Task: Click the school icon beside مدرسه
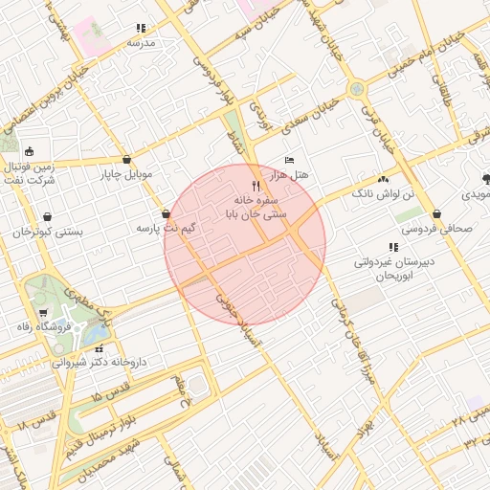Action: coord(141,29)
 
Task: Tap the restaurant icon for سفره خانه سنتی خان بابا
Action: coord(255,185)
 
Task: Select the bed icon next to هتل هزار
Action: coord(290,160)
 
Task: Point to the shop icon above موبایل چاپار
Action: coord(127,160)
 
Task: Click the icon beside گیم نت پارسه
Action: coord(167,214)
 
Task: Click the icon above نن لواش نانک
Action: coord(384,178)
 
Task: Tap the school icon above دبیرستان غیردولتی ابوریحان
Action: coord(393,247)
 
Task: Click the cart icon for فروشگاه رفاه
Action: coord(43,313)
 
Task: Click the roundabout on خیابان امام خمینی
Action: coord(357,89)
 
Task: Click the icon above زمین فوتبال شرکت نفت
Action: coord(30,150)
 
